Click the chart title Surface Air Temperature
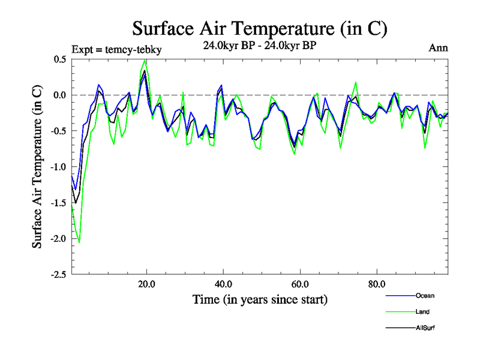(x=260, y=29)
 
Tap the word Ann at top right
(x=439, y=48)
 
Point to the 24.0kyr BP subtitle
(x=259, y=45)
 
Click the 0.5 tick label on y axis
(x=59, y=59)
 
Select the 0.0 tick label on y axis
(x=59, y=95)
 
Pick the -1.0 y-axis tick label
(x=58, y=167)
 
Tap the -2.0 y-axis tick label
(x=58, y=239)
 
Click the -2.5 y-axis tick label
(x=58, y=275)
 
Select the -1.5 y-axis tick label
(x=58, y=203)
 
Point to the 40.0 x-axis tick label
(x=223, y=284)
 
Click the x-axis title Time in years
(x=260, y=299)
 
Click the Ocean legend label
(x=424, y=296)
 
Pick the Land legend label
(x=422, y=312)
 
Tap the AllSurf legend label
(x=425, y=328)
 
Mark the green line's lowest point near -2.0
(x=79, y=242)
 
